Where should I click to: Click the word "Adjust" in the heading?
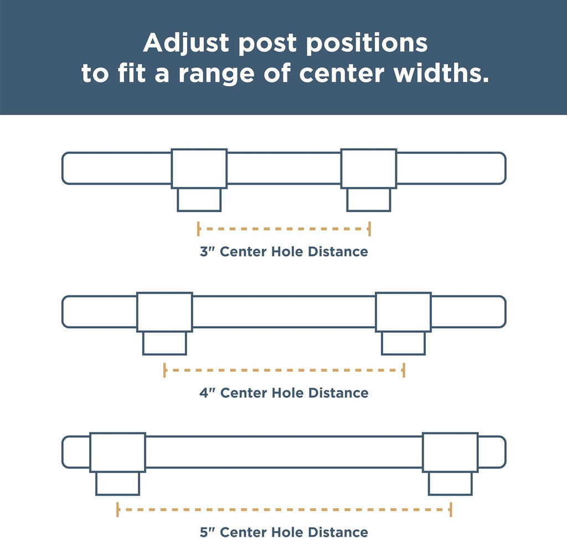coord(186,43)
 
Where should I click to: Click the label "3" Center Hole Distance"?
coord(284,252)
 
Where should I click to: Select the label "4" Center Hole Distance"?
coord(284,393)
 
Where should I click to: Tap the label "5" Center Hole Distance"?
coord(284,532)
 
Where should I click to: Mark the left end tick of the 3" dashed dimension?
coord(199,229)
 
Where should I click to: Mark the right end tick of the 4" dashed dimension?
coord(404,370)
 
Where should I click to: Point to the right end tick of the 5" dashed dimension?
coord(451,509)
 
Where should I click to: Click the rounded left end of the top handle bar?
coord(63,168)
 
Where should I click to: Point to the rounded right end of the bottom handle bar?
coord(505,452)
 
